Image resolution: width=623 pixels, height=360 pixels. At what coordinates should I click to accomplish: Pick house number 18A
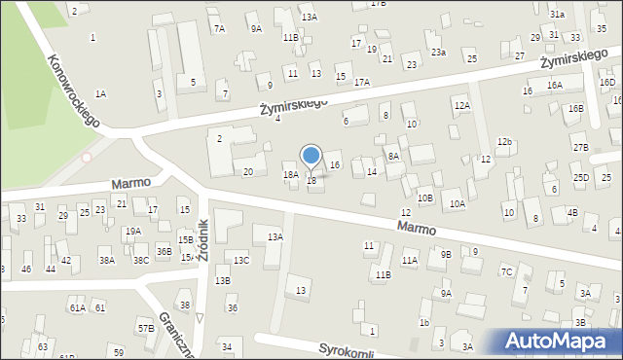pyautogui.click(x=290, y=175)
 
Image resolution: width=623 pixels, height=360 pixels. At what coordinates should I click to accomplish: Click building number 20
pyautogui.click(x=248, y=172)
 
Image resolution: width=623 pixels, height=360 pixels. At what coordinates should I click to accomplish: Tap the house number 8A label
pyautogui.click(x=393, y=156)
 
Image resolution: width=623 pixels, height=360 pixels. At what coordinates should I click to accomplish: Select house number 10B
pyautogui.click(x=425, y=198)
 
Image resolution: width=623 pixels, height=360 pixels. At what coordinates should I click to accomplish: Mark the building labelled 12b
pyautogui.click(x=504, y=142)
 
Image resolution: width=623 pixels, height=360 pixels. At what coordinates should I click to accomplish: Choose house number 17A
pyautogui.click(x=362, y=83)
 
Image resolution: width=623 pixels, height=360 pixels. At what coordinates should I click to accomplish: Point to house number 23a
pyautogui.click(x=438, y=52)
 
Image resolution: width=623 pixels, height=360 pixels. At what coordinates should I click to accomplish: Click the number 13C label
pyautogui.click(x=241, y=260)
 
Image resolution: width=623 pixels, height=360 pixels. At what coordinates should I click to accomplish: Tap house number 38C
pyautogui.click(x=141, y=261)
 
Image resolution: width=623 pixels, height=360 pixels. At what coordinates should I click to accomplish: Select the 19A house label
pyautogui.click(x=133, y=231)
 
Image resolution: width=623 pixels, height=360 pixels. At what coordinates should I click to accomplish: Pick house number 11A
pyautogui.click(x=410, y=261)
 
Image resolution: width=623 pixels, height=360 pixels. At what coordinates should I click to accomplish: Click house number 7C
pyautogui.click(x=506, y=271)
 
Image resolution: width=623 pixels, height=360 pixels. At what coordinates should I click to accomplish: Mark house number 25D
pyautogui.click(x=581, y=178)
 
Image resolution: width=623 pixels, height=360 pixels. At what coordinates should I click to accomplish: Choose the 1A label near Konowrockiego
pyautogui.click(x=100, y=93)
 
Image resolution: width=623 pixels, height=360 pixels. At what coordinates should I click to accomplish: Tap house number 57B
pyautogui.click(x=146, y=329)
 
